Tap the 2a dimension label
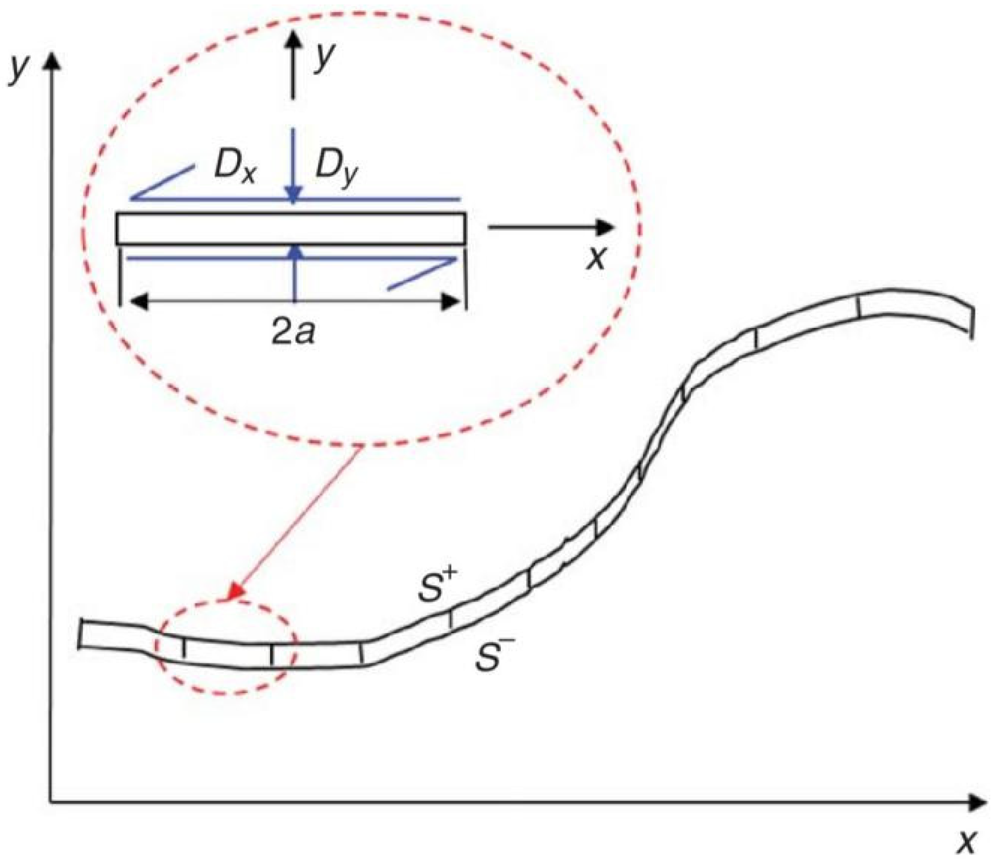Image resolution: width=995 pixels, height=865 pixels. [x=294, y=331]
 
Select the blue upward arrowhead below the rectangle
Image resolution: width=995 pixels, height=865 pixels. [x=295, y=253]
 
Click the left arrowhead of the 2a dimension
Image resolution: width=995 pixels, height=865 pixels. [x=138, y=301]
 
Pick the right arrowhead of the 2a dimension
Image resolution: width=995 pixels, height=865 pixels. [x=451, y=301]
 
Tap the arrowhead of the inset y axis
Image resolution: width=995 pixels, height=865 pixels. [x=294, y=38]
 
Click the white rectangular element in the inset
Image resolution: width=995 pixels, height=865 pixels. [x=291, y=228]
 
